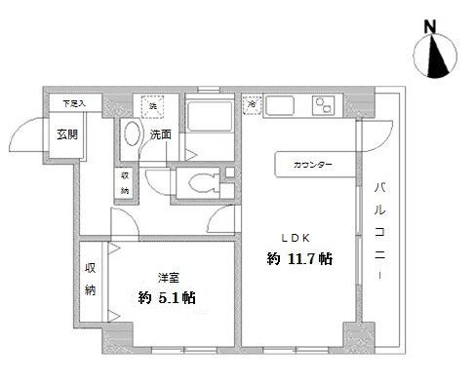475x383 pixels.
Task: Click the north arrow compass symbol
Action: click(436, 57)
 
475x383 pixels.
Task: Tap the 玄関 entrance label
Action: click(66, 134)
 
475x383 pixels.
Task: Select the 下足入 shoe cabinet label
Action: click(74, 102)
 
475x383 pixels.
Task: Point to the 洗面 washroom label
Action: click(161, 134)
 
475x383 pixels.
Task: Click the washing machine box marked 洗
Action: click(151, 104)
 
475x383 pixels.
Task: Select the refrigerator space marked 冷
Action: click(252, 103)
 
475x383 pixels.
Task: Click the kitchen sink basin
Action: click(284, 105)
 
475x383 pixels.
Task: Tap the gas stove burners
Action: click(324, 106)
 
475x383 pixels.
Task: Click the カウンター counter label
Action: click(312, 165)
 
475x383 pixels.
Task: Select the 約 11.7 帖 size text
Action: click(299, 259)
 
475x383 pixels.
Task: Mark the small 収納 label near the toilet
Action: click(125, 182)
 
